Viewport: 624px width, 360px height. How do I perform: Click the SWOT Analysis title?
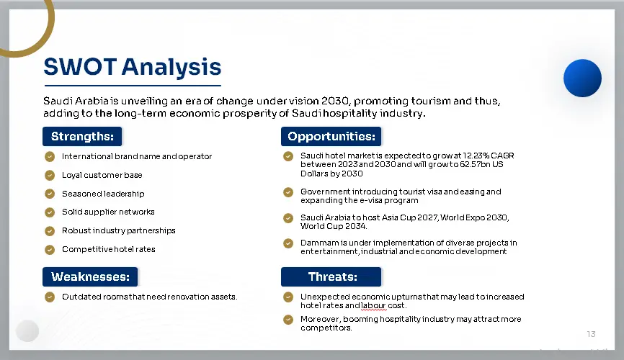(x=132, y=67)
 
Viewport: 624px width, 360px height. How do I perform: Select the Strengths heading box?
(x=82, y=137)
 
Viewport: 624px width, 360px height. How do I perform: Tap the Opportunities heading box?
(x=331, y=137)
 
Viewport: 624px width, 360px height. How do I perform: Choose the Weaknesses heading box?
(x=90, y=277)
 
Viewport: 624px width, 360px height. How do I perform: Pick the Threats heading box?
(x=331, y=277)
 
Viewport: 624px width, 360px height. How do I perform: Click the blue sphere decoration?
(x=582, y=78)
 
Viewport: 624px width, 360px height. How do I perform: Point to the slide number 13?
(x=591, y=334)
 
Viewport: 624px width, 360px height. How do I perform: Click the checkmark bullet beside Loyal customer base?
(x=50, y=175)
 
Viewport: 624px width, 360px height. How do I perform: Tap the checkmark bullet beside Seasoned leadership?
(x=50, y=194)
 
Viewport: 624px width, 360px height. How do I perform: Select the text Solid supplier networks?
(x=108, y=212)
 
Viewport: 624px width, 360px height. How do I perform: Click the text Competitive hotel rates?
(x=109, y=249)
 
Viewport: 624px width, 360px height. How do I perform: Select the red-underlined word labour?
(x=374, y=305)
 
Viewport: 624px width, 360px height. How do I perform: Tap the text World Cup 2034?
(x=334, y=226)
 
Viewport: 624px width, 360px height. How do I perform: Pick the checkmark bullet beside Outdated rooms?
(x=50, y=297)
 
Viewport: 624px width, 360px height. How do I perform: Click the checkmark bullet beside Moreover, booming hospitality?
(x=288, y=320)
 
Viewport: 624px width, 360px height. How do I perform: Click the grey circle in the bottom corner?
(x=27, y=330)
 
